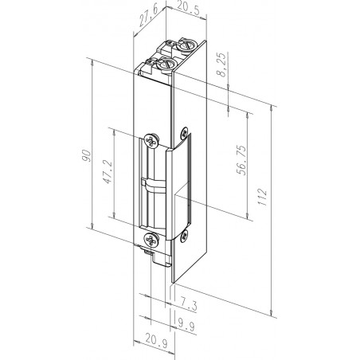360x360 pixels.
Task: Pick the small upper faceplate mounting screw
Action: (x=185, y=132)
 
